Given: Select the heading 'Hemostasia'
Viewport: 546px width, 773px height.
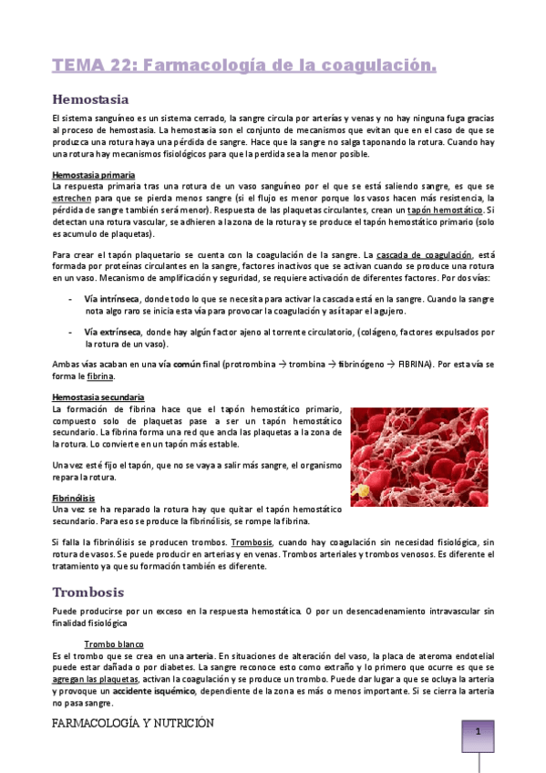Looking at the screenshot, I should pos(90,98).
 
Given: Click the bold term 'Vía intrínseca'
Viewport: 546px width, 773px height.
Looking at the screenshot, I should pos(111,298).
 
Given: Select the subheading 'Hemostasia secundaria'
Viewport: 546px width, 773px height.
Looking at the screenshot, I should pos(98,397).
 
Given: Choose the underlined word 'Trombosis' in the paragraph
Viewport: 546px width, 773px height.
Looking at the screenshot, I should pos(252,542).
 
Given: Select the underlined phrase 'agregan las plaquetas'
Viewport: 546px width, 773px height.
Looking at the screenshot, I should pos(94,679).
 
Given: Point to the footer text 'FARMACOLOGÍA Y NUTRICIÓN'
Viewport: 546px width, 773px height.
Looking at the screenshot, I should pos(133,723).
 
